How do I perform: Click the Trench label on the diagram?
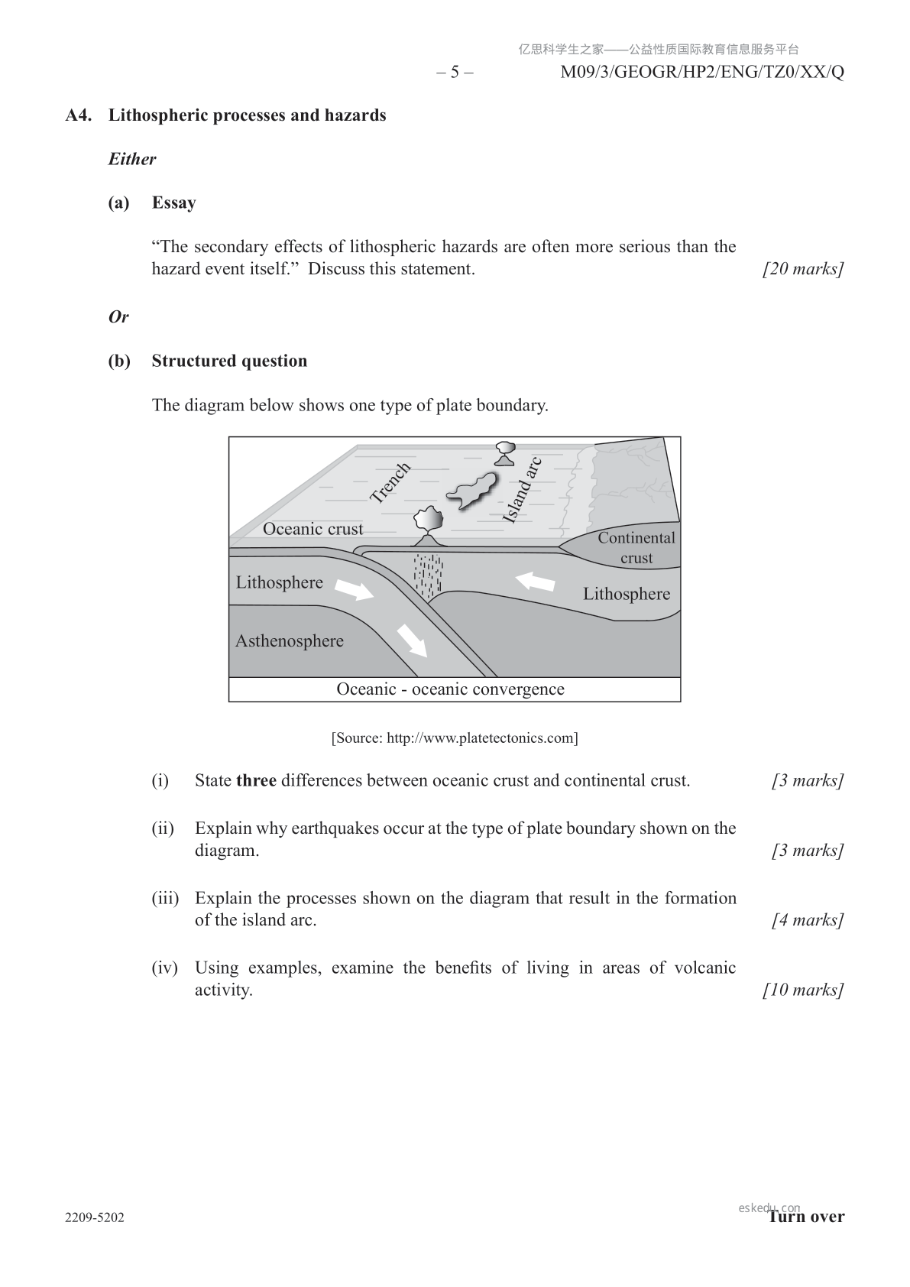(390, 482)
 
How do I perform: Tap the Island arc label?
(523, 490)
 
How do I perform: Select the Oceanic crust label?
(313, 529)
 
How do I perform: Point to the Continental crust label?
(636, 547)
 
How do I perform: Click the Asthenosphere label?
(290, 641)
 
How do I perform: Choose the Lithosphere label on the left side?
(279, 582)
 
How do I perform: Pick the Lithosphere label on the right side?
(627, 594)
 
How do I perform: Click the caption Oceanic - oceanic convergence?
(451, 689)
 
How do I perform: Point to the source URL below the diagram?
(455, 738)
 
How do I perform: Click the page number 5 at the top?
(455, 73)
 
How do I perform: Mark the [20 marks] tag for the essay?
(803, 269)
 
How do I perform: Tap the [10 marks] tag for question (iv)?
(803, 990)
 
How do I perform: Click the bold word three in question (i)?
(256, 781)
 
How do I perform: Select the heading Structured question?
(229, 361)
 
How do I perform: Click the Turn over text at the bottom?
(807, 1217)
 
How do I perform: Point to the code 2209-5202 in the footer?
(95, 1217)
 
